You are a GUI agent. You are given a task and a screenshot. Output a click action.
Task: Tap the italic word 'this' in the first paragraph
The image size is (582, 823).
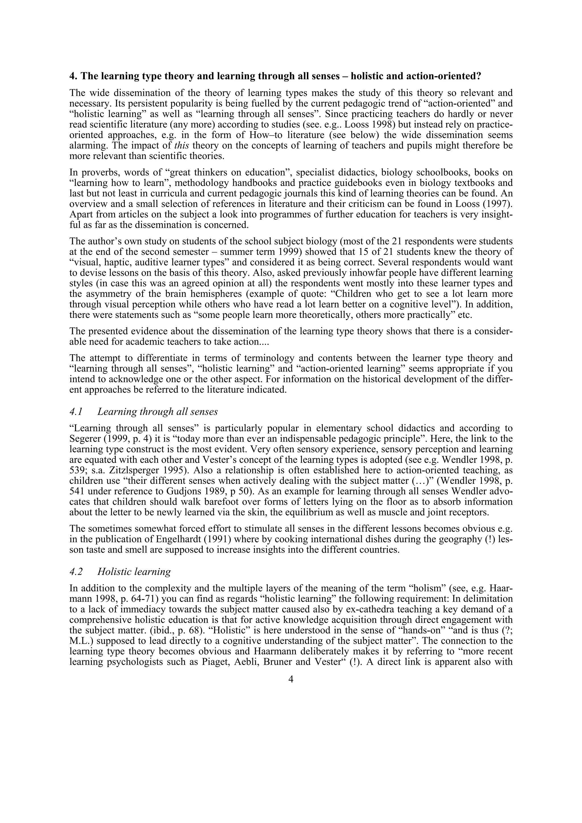tap(182, 146)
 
